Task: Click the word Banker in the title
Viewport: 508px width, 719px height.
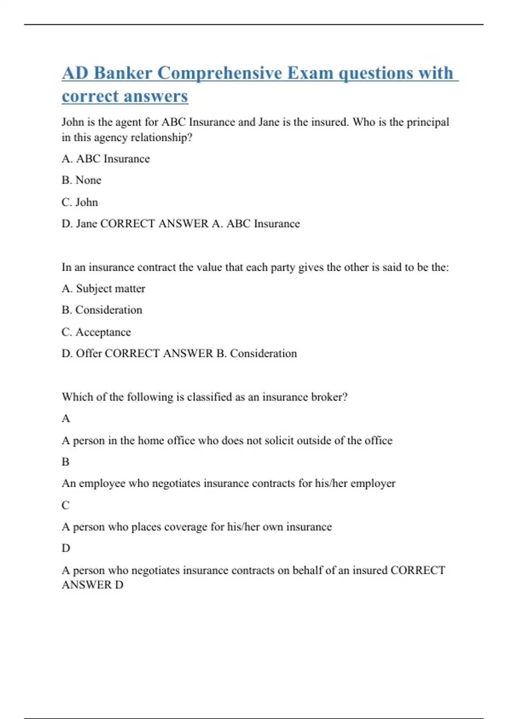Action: click(123, 73)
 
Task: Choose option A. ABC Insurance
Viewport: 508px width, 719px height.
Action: click(106, 159)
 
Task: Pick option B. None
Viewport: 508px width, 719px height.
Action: click(82, 180)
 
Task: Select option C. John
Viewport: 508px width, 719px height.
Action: click(80, 202)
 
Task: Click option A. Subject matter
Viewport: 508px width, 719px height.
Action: click(103, 288)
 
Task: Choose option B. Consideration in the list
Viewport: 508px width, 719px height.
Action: click(102, 310)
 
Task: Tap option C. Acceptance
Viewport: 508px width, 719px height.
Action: click(96, 332)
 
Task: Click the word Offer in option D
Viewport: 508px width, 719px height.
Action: click(88, 354)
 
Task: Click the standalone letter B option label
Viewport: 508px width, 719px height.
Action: click(65, 462)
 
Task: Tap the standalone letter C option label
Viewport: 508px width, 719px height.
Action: click(65, 505)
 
